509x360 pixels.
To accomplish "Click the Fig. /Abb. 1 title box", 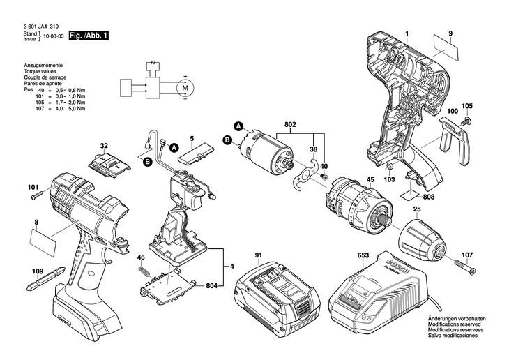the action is pyautogui.click(x=89, y=36).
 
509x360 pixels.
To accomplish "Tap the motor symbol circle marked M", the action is pyautogui.click(x=185, y=87).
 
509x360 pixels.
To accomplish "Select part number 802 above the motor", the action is pyautogui.click(x=290, y=124).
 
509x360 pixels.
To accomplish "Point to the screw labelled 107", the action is pyautogui.click(x=465, y=266).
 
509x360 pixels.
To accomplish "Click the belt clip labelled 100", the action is pyautogui.click(x=455, y=140).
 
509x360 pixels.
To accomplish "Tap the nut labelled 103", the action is pyautogui.click(x=390, y=167).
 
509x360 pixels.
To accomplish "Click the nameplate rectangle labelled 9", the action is pyautogui.click(x=446, y=48).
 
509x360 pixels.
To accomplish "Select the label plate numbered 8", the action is pyautogui.click(x=43, y=242).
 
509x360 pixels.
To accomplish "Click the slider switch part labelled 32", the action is pyautogui.click(x=109, y=165).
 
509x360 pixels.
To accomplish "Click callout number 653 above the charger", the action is pyautogui.click(x=363, y=255).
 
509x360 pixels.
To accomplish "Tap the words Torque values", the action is pyautogui.click(x=40, y=71).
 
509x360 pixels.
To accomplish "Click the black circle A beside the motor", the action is pyautogui.click(x=238, y=126).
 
